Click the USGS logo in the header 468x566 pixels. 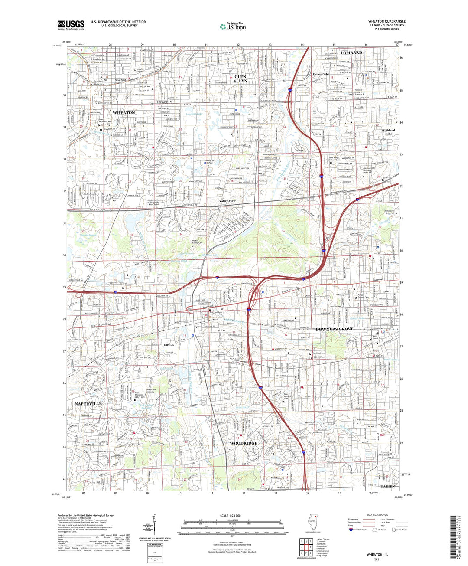pos(71,25)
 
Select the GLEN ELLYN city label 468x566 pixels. pos(240,79)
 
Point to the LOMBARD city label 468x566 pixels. pos(351,52)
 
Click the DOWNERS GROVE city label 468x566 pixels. pos(335,330)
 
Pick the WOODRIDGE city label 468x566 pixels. pos(243,443)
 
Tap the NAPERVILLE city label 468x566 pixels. pos(88,404)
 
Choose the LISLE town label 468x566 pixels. pos(168,345)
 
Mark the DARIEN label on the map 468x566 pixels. pos(388,487)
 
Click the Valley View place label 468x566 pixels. pos(227,201)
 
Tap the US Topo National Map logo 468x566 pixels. pos(233,26)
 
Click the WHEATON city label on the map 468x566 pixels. pos(123,113)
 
